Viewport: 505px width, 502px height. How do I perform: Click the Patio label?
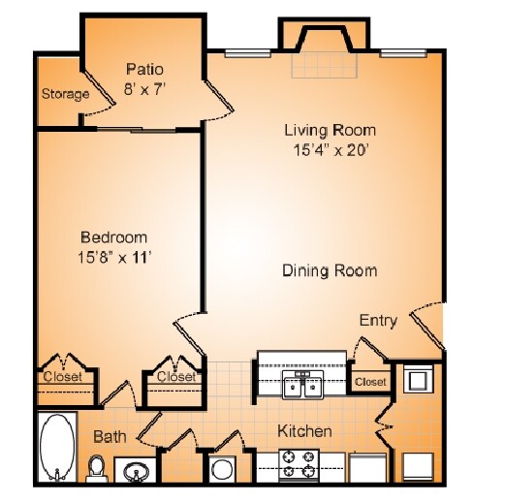144,69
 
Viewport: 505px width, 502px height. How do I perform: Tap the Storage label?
65,94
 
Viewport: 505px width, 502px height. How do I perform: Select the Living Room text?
330,130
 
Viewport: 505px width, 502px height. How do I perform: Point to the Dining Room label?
330,270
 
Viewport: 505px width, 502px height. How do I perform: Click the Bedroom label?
113,237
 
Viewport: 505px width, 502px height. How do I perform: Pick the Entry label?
378,321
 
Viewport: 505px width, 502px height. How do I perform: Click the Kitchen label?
305,431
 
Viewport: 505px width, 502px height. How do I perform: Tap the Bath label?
110,437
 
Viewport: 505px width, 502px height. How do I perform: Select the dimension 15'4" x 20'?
330,150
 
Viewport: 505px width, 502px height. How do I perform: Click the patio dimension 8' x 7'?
144,88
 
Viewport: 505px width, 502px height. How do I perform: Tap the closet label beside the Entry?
369,382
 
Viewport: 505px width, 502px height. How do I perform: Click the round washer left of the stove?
223,469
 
